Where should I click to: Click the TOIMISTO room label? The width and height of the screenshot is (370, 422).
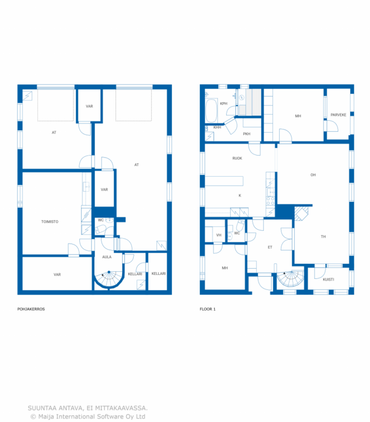(x=49, y=221)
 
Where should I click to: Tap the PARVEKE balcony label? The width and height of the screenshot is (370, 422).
(x=338, y=115)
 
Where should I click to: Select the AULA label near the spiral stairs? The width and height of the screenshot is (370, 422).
(x=107, y=257)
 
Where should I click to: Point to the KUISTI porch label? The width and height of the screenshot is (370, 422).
(x=328, y=279)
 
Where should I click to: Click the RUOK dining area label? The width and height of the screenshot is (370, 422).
(x=237, y=158)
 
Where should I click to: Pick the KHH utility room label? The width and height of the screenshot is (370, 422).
(x=217, y=127)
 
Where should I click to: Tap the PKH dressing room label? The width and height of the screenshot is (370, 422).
(x=246, y=134)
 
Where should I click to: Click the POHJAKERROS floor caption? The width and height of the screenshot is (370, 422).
(x=31, y=309)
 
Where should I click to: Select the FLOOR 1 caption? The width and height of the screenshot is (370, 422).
(x=207, y=309)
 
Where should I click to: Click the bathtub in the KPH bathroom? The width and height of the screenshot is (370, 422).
(x=211, y=111)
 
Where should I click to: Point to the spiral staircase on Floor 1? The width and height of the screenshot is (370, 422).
(x=290, y=279)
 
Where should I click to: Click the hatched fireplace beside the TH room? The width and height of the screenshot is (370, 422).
(x=301, y=213)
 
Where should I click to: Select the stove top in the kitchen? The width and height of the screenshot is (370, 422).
(x=270, y=201)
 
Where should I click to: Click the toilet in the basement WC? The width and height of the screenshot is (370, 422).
(x=101, y=230)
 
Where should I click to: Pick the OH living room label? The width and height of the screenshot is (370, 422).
(x=313, y=175)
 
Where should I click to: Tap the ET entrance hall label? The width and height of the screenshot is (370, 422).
(x=270, y=247)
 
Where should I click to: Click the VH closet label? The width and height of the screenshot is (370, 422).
(x=219, y=235)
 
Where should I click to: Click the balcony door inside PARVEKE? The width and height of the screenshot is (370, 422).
(x=333, y=126)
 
